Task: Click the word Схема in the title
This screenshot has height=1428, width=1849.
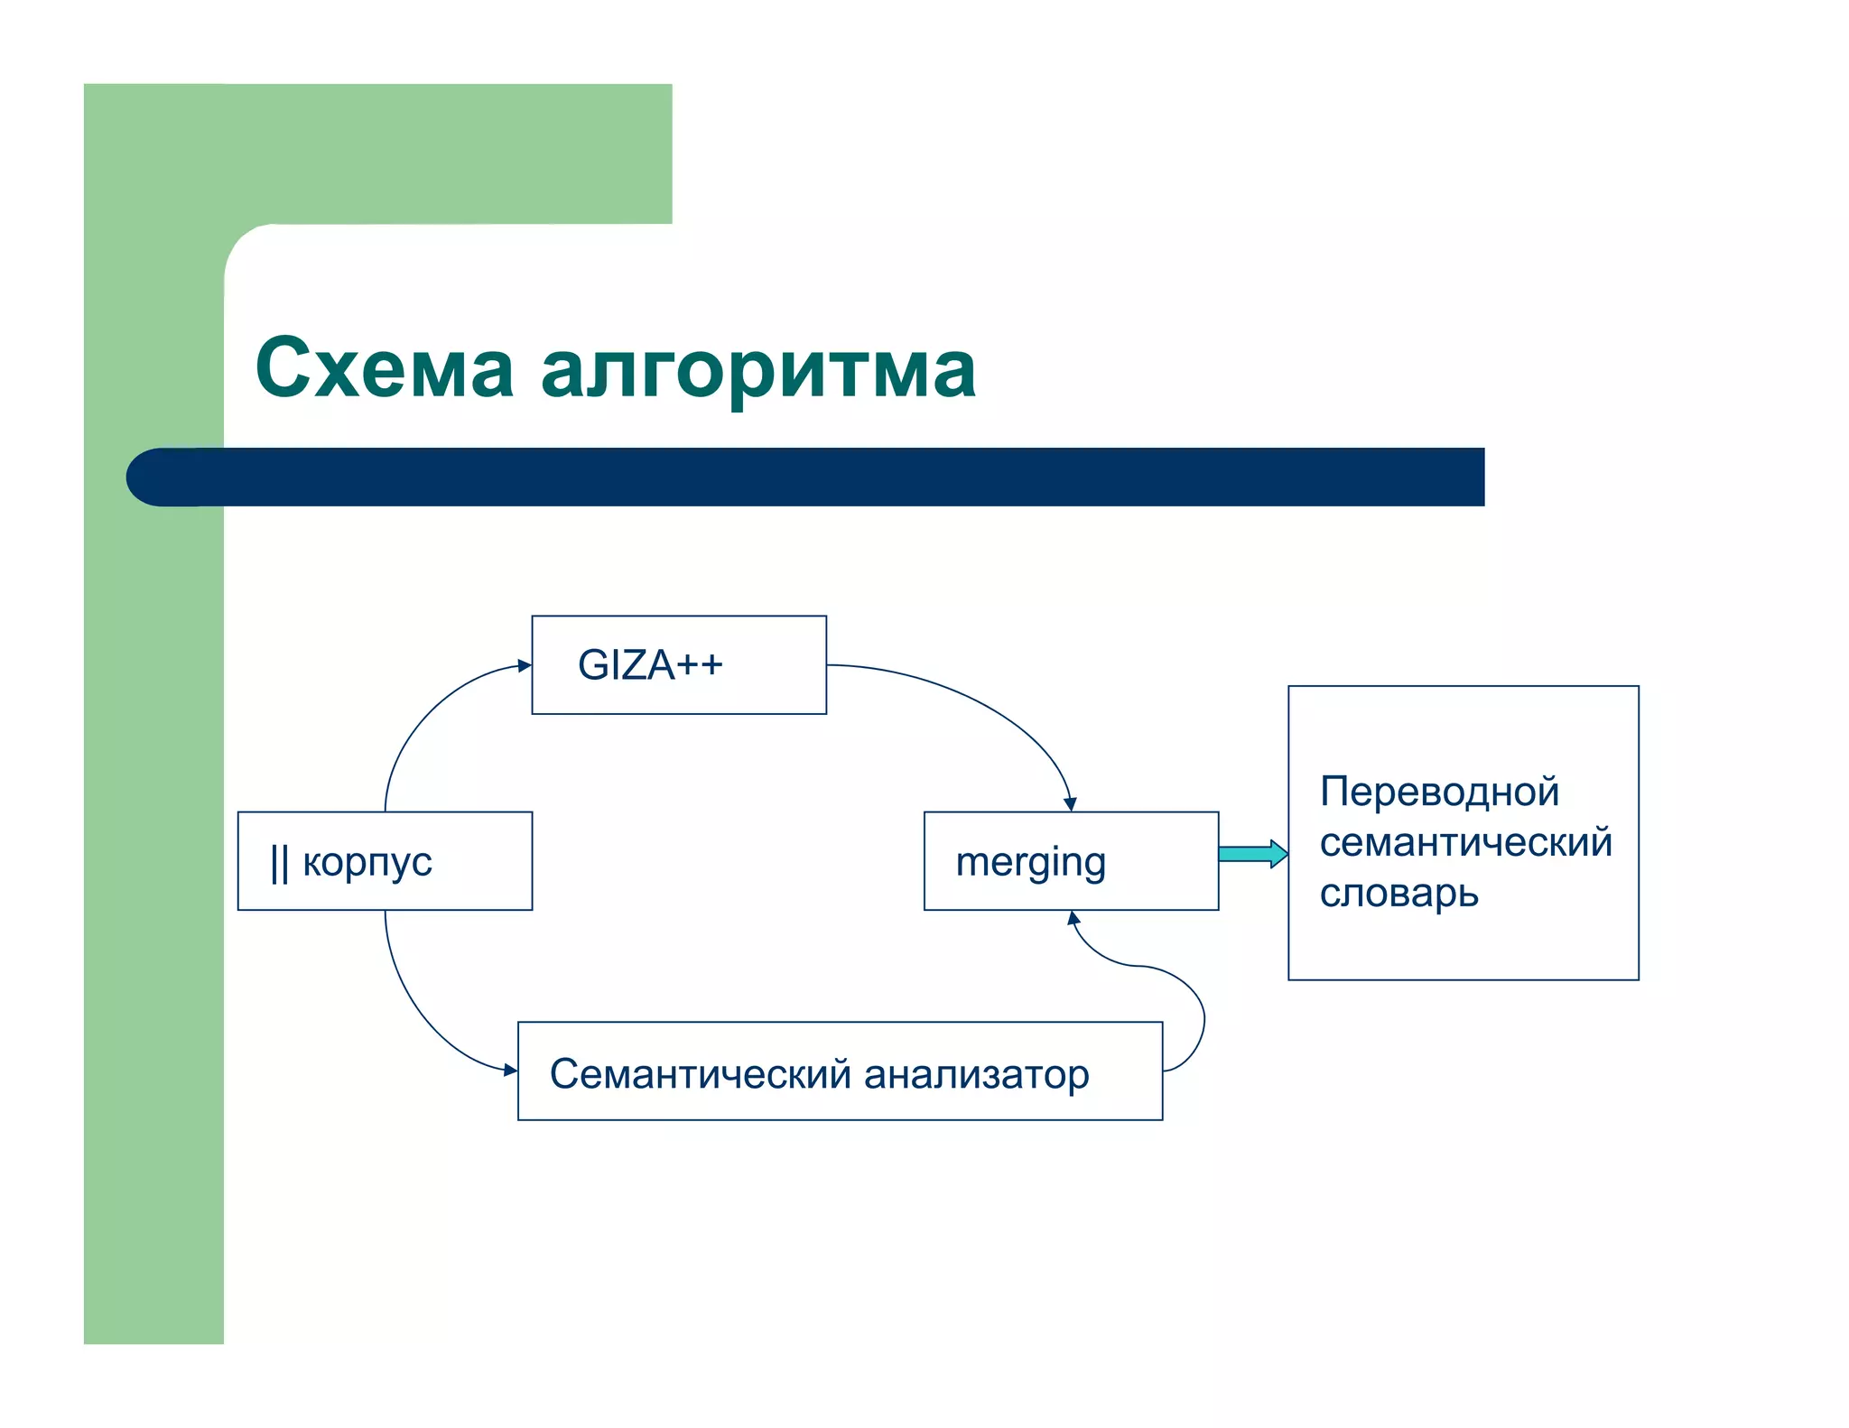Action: click(x=385, y=368)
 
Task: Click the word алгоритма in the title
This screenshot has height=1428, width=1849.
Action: click(x=758, y=370)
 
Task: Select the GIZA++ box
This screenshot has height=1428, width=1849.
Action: click(x=679, y=665)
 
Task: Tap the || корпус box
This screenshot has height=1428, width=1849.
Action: click(x=385, y=861)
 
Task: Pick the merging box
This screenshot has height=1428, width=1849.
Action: click(x=1071, y=861)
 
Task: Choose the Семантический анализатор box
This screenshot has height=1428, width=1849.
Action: click(x=840, y=1071)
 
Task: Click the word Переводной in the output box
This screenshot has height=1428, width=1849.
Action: click(x=1439, y=792)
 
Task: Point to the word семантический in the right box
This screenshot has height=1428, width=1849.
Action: click(x=1465, y=842)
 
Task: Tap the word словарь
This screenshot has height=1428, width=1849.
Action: click(x=1398, y=894)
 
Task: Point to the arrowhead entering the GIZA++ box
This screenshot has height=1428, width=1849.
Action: click(x=525, y=666)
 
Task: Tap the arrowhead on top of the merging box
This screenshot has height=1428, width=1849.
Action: click(x=1070, y=804)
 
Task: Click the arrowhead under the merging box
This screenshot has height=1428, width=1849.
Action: click(x=1073, y=919)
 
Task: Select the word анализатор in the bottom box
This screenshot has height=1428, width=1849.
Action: click(x=976, y=1074)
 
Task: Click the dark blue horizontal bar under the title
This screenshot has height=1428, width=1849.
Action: click(x=813, y=477)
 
